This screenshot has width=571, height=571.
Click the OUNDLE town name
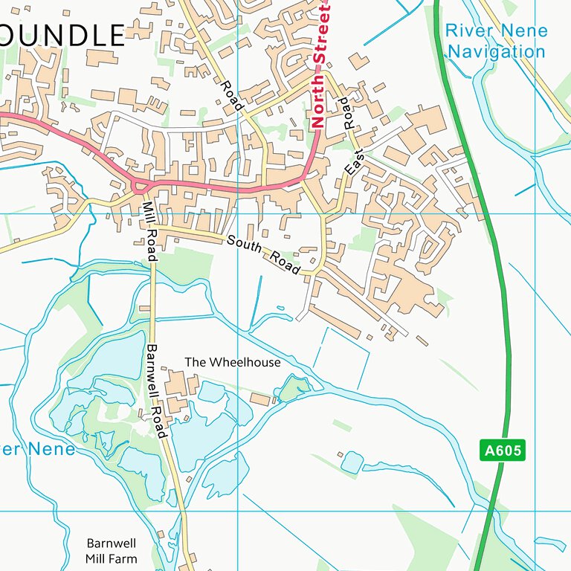62,35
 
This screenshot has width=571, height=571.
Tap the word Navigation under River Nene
497,52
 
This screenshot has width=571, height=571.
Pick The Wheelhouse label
233,362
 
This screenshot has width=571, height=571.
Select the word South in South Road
243,245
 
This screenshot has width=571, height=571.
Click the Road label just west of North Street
231,96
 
